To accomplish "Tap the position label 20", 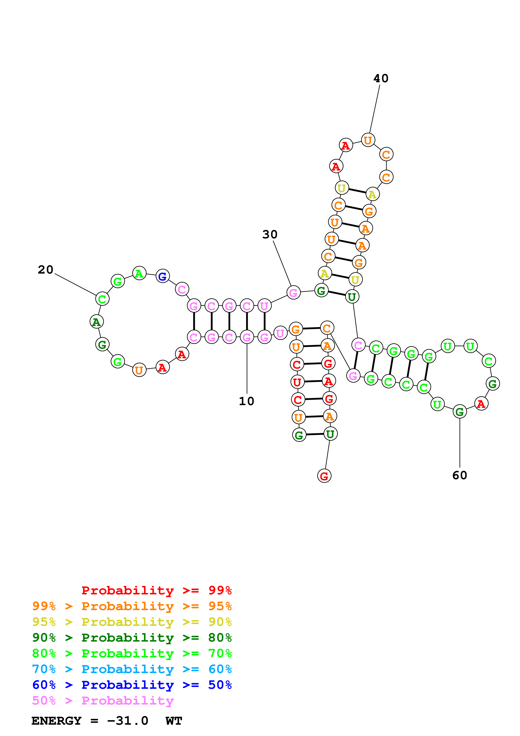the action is click(x=46, y=270).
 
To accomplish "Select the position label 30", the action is click(x=270, y=234).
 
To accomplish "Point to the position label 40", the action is click(x=381, y=78).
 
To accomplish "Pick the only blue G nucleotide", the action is click(x=162, y=276).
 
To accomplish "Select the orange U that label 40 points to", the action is click(x=368, y=140).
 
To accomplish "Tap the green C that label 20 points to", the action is click(x=102, y=299).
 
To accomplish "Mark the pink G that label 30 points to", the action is click(x=293, y=292).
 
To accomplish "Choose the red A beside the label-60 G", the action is click(x=481, y=404).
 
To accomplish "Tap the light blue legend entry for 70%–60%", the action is click(x=132, y=669).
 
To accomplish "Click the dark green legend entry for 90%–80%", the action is click(x=132, y=638).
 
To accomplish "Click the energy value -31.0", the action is click(x=128, y=721).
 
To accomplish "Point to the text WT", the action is click(x=174, y=721).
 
